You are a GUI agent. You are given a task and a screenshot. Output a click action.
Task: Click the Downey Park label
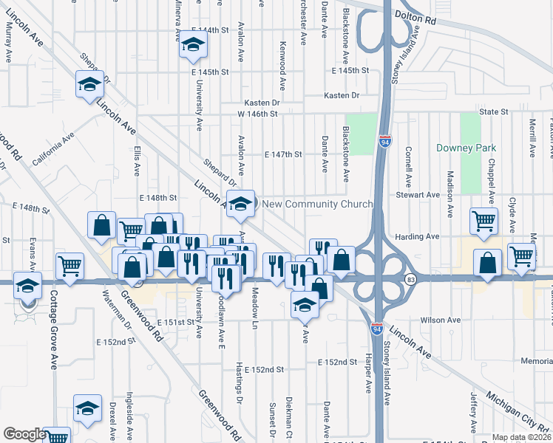466,148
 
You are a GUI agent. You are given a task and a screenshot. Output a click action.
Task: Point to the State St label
494,111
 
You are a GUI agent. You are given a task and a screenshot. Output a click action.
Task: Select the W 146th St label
257,114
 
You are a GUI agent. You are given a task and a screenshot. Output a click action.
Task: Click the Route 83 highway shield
410,278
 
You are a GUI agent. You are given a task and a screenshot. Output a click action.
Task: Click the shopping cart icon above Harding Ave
484,219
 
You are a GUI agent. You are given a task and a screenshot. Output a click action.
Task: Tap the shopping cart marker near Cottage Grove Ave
70,264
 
